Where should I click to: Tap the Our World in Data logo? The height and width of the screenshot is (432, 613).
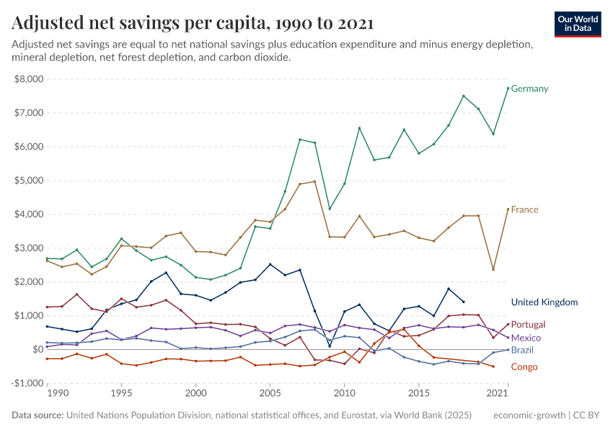577,23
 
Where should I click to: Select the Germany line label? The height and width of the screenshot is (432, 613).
529,89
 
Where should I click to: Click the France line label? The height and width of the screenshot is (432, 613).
524,210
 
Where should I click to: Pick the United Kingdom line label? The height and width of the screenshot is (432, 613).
544,302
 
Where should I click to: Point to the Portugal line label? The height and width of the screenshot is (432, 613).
528,325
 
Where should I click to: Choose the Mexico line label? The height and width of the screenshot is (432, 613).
526,338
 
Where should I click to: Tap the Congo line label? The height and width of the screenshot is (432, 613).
524,367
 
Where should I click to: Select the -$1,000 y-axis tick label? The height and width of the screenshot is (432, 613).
27,383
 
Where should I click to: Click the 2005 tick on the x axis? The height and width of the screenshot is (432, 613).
270,394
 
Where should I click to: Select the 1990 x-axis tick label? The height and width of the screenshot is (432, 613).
58,394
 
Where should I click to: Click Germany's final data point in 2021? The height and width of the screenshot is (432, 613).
508,89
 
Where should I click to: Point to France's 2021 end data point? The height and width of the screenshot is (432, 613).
508,210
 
